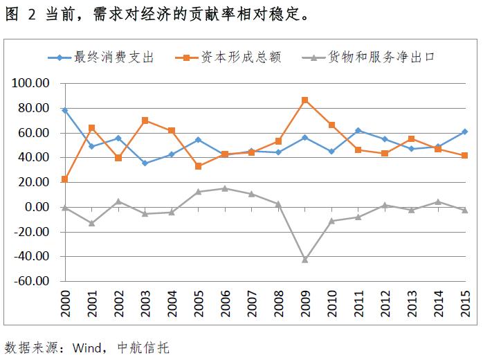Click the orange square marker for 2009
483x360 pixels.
[x=304, y=100]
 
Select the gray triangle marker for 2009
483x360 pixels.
[x=304, y=259]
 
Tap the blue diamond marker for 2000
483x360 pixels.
[x=65, y=110]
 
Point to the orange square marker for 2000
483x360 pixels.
[x=65, y=179]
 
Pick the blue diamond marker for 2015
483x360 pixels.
[x=464, y=132]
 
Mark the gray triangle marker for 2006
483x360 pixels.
[x=225, y=188]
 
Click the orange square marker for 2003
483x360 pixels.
[x=145, y=120]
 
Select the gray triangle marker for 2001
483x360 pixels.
[x=91, y=223]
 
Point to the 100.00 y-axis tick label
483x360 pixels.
[x=31, y=84]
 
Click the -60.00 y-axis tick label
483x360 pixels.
[x=31, y=282]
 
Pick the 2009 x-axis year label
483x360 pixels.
[x=304, y=305]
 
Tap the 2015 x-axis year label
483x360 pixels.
[x=464, y=305]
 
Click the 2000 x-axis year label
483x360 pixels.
[x=65, y=305]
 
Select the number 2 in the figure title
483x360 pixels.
[x=32, y=14]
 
